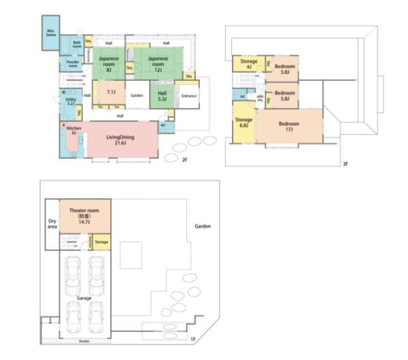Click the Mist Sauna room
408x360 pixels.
(50, 32)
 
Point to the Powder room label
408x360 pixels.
(72, 64)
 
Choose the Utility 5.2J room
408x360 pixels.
(70, 101)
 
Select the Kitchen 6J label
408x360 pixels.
(75, 130)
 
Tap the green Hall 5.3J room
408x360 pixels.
(162, 96)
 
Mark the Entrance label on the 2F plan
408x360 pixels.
(188, 96)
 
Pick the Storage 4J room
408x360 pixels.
(248, 64)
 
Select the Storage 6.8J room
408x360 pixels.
(243, 123)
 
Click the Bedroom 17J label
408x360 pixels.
(288, 126)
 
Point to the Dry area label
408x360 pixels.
(52, 223)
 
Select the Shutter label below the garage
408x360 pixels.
(84, 340)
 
